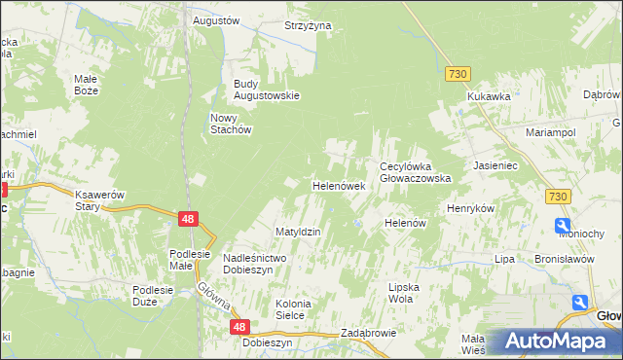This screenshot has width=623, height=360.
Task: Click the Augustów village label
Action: click(216, 20)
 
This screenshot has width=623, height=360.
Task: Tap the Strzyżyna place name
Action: click(308, 26)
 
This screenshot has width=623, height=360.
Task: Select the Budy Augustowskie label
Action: click(265, 95)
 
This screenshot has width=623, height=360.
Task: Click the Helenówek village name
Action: click(338, 185)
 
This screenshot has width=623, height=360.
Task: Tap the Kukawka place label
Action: click(489, 97)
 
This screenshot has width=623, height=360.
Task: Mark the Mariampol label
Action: click(551, 131)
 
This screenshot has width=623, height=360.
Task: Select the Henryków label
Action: click(471, 209)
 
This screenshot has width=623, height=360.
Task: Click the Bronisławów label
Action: click(564, 260)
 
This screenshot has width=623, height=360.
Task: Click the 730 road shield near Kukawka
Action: click(458, 74)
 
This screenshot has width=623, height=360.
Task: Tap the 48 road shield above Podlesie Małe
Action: click(190, 220)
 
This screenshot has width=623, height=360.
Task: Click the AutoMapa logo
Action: click(555, 341)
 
